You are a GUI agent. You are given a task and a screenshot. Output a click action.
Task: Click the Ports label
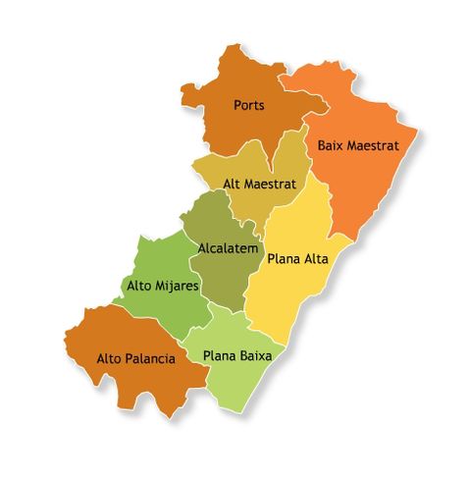[250, 104]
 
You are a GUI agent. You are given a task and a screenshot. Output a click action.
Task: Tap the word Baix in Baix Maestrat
[331, 145]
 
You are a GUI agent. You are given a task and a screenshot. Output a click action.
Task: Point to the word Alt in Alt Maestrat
[233, 184]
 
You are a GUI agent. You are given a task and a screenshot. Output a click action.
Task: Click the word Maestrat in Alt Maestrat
[272, 184]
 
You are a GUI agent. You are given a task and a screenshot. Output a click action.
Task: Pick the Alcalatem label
[228, 248]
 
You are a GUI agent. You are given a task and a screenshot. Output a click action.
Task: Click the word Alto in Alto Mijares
[140, 286]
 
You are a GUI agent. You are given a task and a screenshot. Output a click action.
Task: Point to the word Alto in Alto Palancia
[110, 358]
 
